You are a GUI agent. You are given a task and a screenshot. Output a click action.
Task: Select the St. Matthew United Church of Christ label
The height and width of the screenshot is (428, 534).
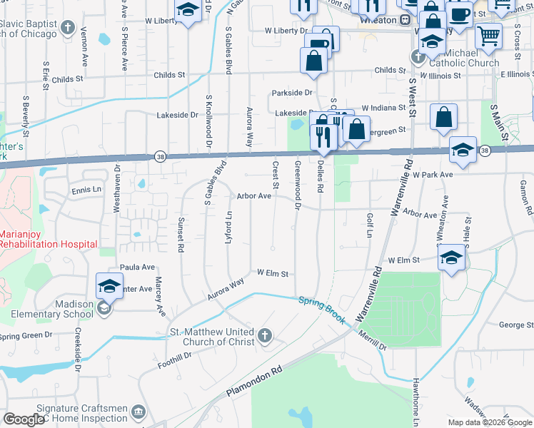(x=211, y=337)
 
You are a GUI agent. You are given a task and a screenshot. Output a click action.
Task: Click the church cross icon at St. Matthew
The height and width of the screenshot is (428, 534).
(x=265, y=335)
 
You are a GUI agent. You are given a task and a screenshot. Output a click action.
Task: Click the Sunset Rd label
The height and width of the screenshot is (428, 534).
(x=181, y=235)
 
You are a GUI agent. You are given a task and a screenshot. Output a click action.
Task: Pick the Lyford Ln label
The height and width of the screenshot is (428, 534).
(x=229, y=225)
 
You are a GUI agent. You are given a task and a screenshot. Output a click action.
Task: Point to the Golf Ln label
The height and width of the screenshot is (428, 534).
(x=370, y=225)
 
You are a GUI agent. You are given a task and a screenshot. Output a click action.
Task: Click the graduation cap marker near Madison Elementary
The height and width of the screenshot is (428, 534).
(x=109, y=287)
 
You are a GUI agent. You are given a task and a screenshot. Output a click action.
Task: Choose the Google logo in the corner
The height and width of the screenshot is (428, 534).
(x=24, y=419)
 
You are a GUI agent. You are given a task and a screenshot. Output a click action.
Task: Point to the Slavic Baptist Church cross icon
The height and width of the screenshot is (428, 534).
(x=68, y=29)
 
